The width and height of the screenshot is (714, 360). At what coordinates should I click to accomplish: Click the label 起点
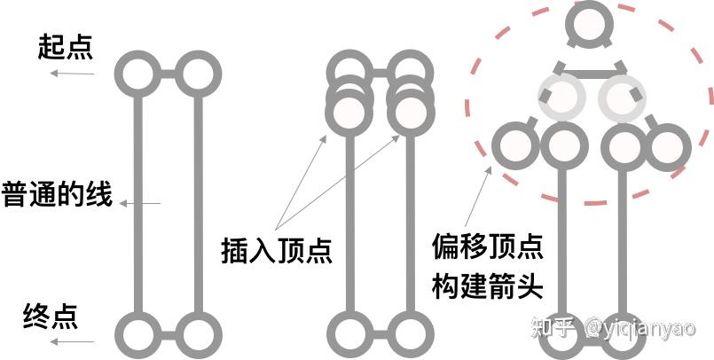(66, 47)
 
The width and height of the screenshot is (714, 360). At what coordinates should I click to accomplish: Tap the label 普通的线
(58, 194)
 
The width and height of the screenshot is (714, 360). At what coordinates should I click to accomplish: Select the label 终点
(51, 315)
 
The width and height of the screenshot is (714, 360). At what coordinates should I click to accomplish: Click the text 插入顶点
(277, 251)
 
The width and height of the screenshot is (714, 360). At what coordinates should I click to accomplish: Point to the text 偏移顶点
(488, 245)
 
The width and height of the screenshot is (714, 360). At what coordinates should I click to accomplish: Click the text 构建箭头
(488, 286)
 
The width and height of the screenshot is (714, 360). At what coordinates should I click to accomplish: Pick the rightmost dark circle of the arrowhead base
(668, 146)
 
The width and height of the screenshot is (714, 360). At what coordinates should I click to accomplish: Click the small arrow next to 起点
(73, 73)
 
